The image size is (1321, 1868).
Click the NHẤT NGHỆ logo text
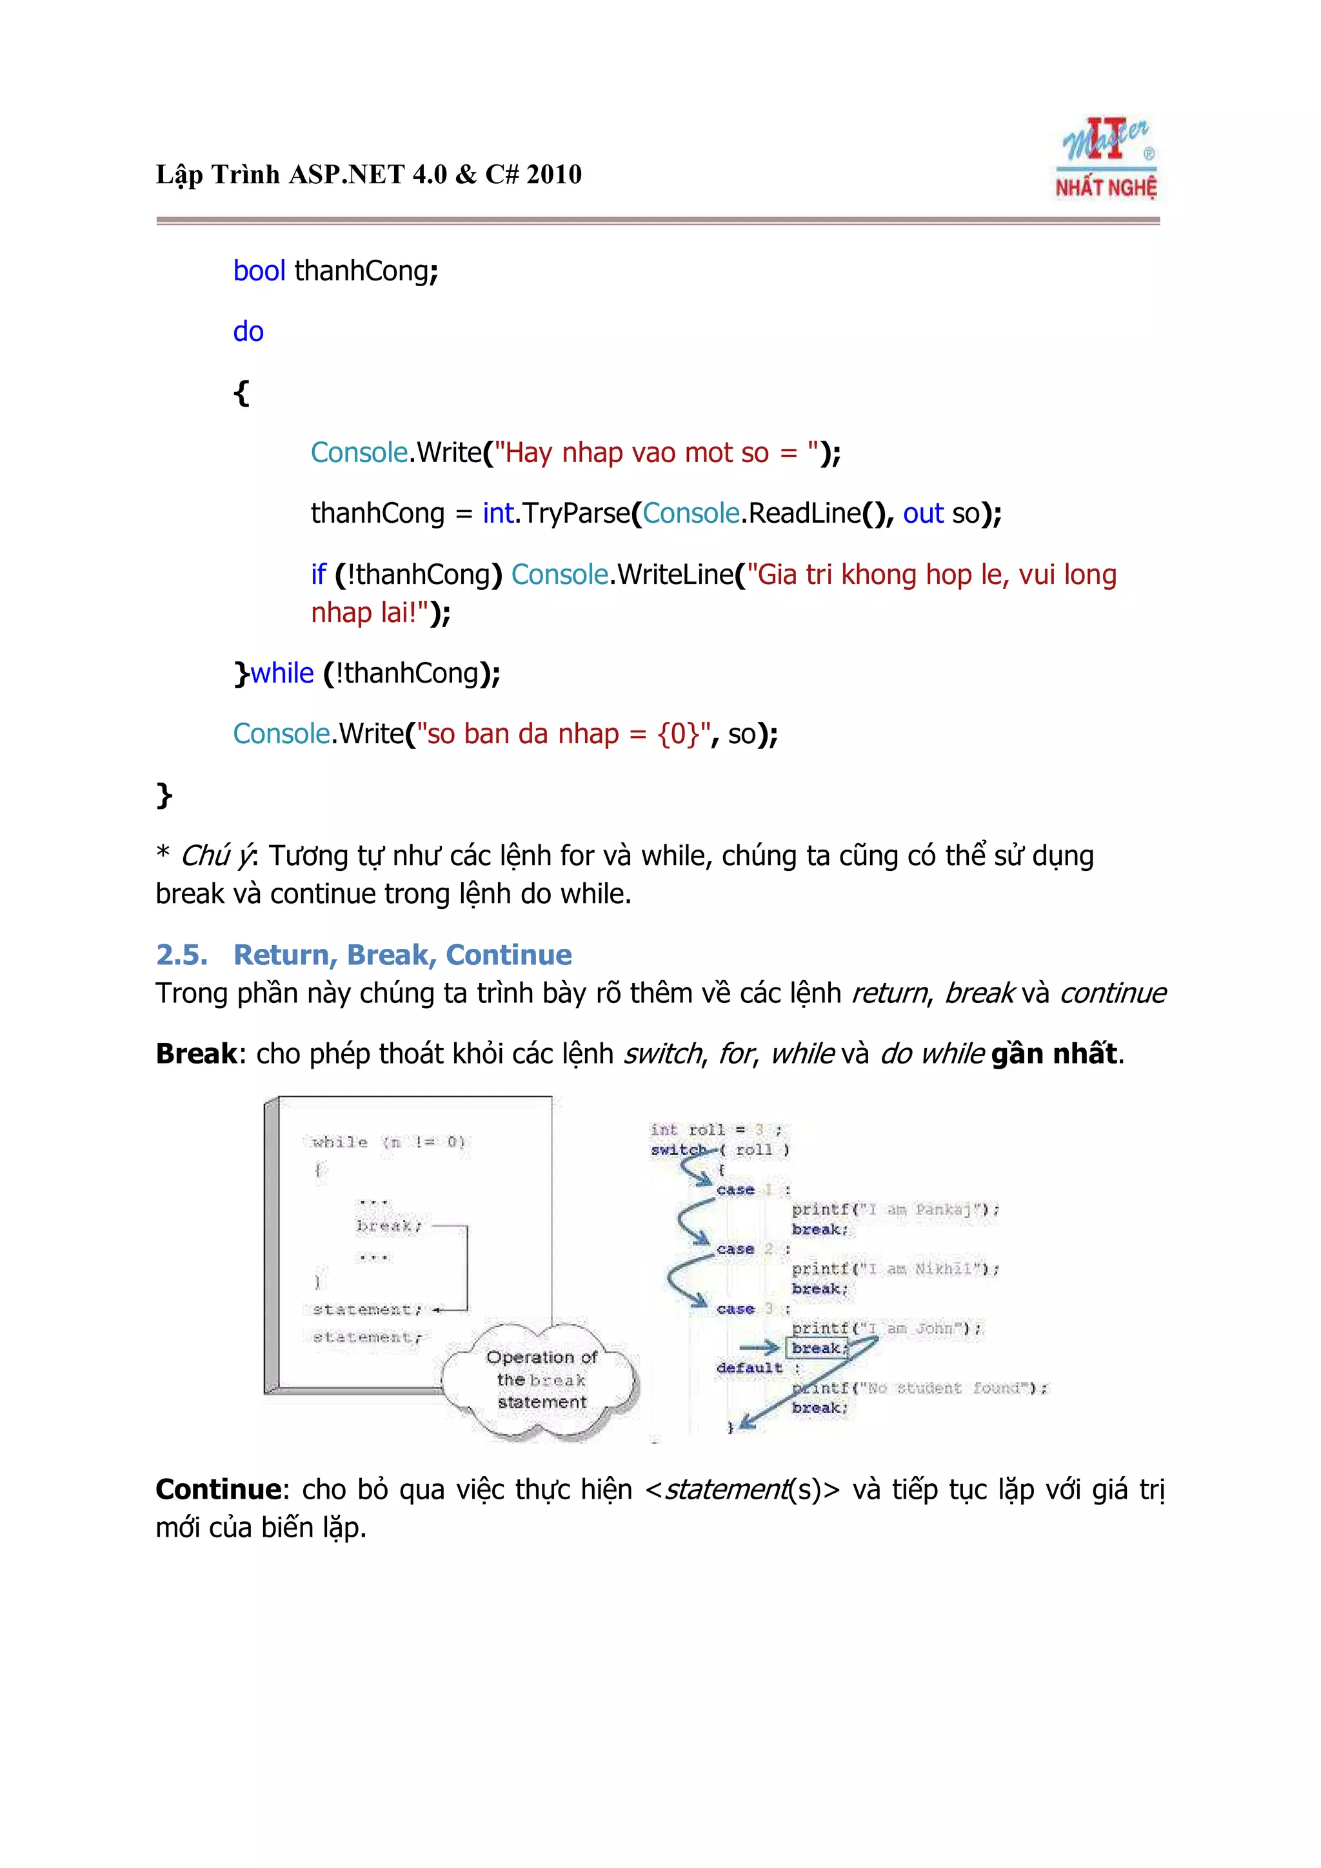point(1106,188)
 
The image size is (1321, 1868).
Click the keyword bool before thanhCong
point(259,271)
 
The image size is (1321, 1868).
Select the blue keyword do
point(248,332)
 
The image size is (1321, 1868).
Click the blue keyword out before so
point(923,513)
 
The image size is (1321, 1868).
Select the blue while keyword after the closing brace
point(282,673)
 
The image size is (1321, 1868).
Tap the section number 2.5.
point(181,955)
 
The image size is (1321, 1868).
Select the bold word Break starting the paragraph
point(195,1054)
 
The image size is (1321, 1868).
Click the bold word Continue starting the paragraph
point(218,1489)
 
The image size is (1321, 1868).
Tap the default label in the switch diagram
point(749,1368)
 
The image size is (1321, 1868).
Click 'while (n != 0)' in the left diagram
point(388,1142)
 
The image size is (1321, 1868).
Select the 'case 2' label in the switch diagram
point(744,1249)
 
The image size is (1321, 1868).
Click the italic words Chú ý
point(217,856)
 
